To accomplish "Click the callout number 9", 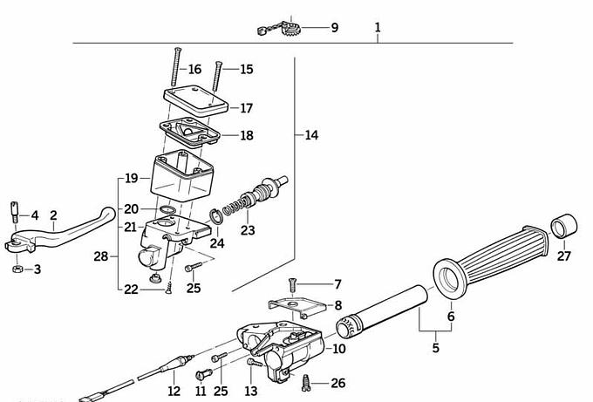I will (x=334, y=28).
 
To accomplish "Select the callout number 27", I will (x=563, y=256).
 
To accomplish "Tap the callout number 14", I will (x=312, y=135).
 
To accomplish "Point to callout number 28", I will (x=101, y=256).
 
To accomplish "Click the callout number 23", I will (x=248, y=230).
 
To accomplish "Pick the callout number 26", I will (x=338, y=383).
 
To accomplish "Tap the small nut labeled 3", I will (x=17, y=269).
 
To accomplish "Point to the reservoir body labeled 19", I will (x=181, y=176).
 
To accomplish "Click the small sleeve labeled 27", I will (x=562, y=225).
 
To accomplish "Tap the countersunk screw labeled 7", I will (x=293, y=284).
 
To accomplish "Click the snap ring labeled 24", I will (x=215, y=217).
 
